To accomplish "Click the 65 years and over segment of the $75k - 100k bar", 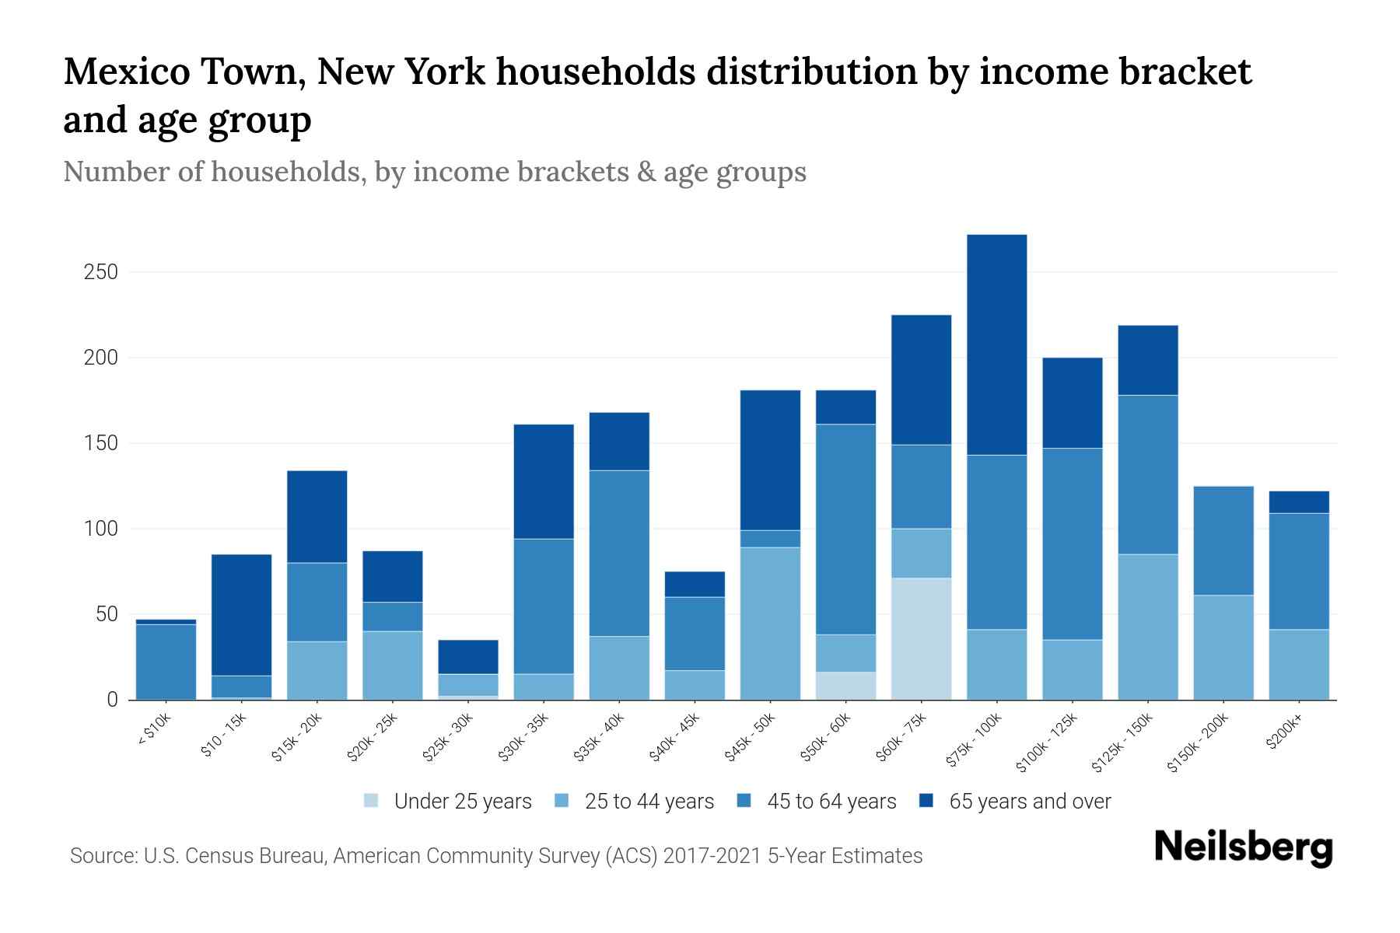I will click(x=996, y=344).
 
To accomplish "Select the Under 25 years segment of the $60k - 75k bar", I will click(x=921, y=638).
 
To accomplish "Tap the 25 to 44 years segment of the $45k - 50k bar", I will click(x=770, y=623).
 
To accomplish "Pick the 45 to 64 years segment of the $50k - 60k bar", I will click(x=845, y=529).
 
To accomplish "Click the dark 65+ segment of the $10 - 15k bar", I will click(x=241, y=614).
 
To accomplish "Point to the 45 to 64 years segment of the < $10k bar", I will click(x=166, y=661).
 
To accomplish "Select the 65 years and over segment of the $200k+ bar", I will click(x=1298, y=502).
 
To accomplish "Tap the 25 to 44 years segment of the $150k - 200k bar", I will click(x=1223, y=647).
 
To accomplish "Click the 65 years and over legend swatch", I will click(x=926, y=801).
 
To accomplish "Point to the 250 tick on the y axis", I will click(x=102, y=272).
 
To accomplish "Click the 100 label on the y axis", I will click(x=102, y=529).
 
